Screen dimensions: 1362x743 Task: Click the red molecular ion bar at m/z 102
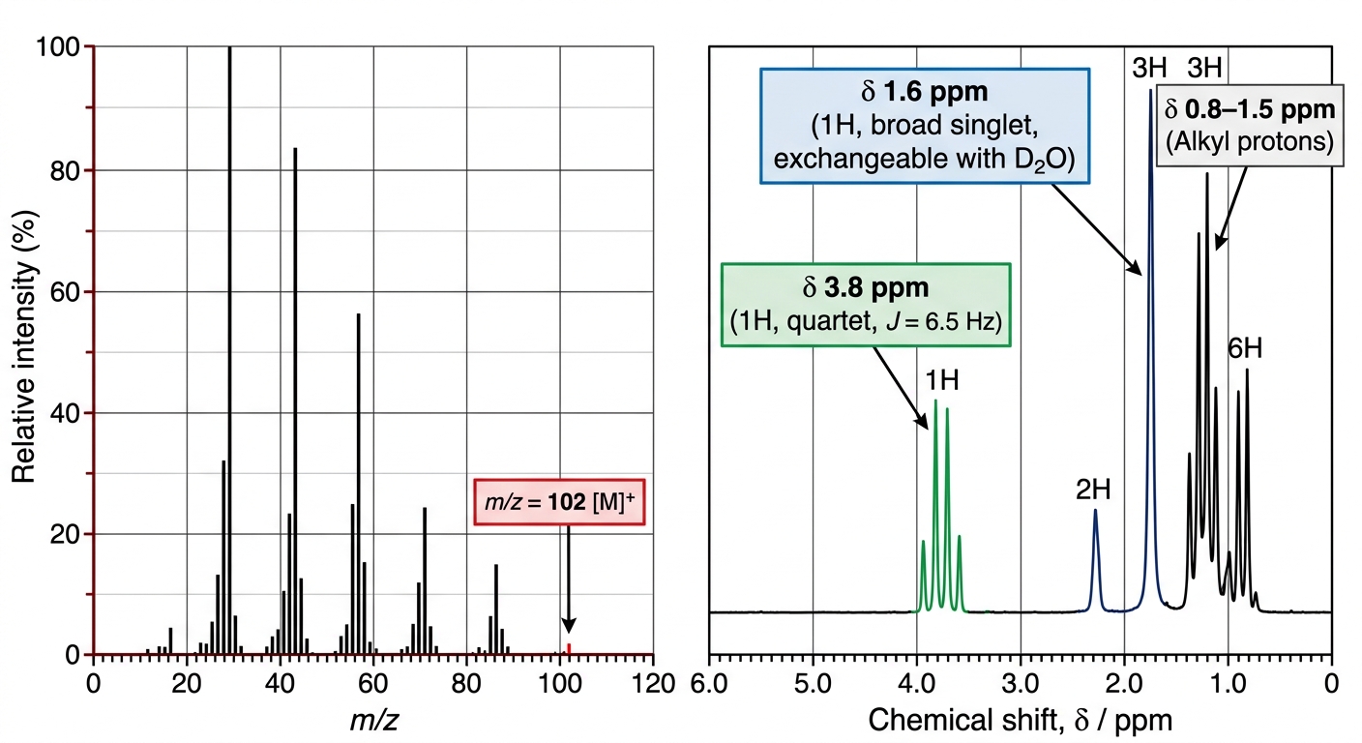click(x=569, y=649)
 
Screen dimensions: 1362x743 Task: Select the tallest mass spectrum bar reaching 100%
click(x=230, y=350)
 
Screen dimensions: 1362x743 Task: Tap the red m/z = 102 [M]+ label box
click(x=559, y=502)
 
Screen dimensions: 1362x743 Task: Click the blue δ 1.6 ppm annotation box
click(x=924, y=126)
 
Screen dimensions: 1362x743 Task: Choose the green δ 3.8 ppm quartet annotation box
click(x=866, y=305)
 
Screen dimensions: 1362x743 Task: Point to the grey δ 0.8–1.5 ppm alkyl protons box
click(x=1250, y=125)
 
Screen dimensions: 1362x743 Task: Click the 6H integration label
click(x=1245, y=348)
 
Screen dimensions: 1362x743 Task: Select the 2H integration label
click(x=1093, y=490)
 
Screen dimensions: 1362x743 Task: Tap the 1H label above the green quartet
click(x=942, y=380)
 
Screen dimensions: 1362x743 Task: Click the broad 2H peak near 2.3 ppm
click(x=1096, y=559)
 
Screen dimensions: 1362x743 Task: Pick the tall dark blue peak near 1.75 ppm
click(x=1150, y=349)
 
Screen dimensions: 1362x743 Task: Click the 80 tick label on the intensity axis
click(x=65, y=171)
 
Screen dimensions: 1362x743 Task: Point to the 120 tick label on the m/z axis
click(x=654, y=684)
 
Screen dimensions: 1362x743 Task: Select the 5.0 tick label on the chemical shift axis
click(x=813, y=684)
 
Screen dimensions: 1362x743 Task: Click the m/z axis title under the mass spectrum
click(x=374, y=720)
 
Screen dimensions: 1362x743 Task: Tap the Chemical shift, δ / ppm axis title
click(x=1021, y=721)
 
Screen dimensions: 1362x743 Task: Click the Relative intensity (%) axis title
click(x=24, y=346)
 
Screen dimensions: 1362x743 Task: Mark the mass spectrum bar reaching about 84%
click(x=295, y=401)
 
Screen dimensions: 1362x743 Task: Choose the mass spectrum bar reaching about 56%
click(x=359, y=484)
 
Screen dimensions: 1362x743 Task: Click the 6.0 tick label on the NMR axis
click(x=709, y=684)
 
